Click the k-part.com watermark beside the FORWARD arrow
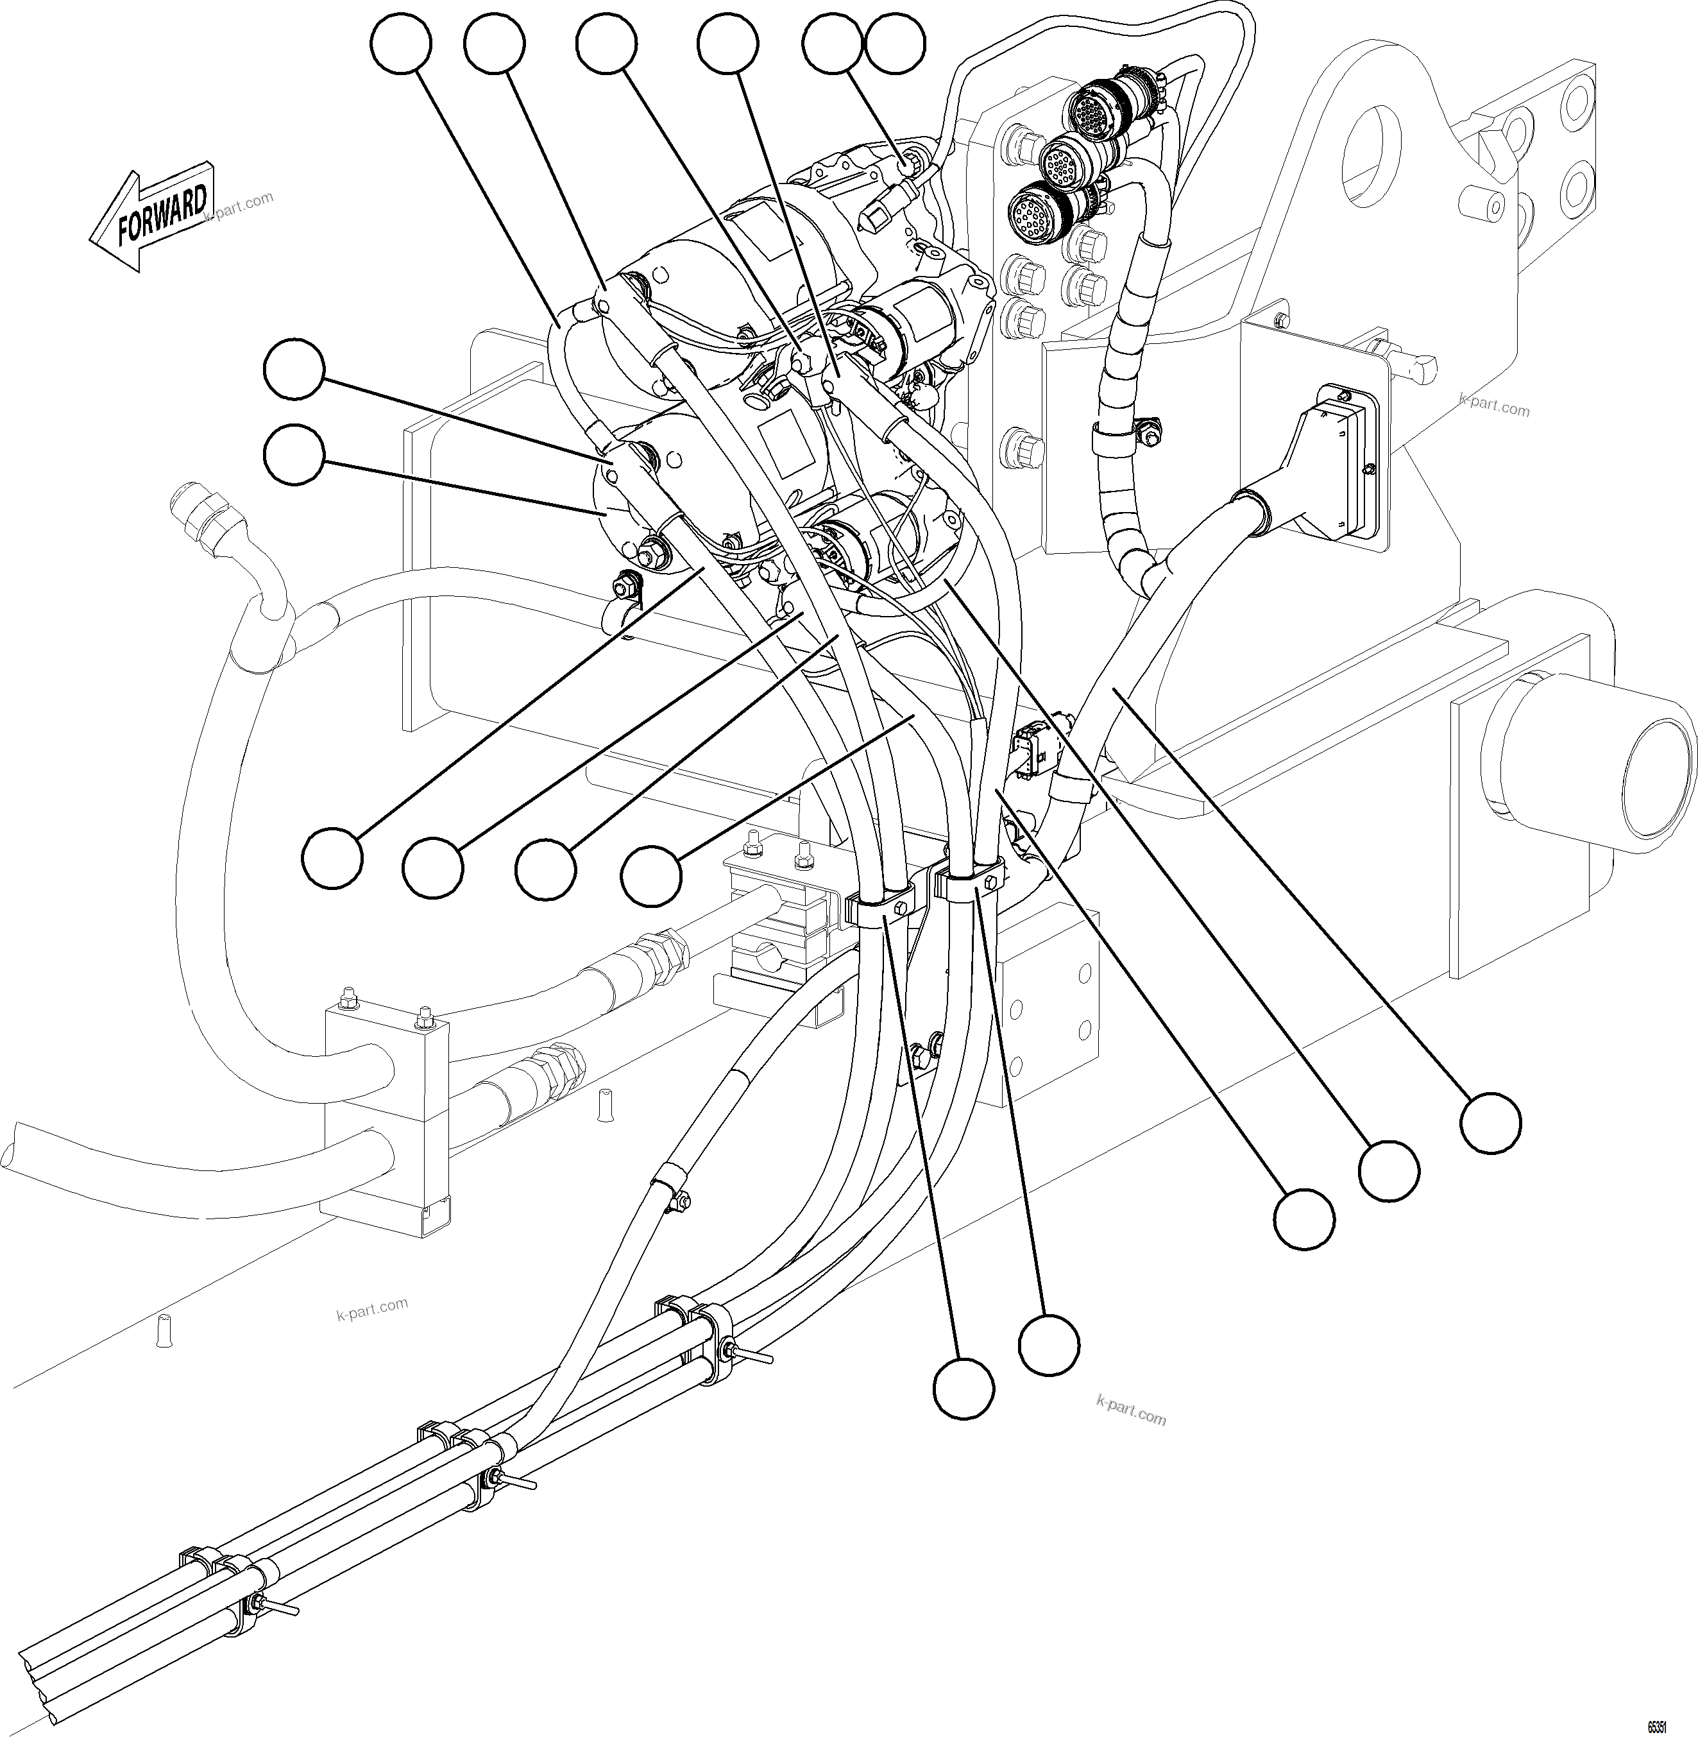click(x=239, y=208)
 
